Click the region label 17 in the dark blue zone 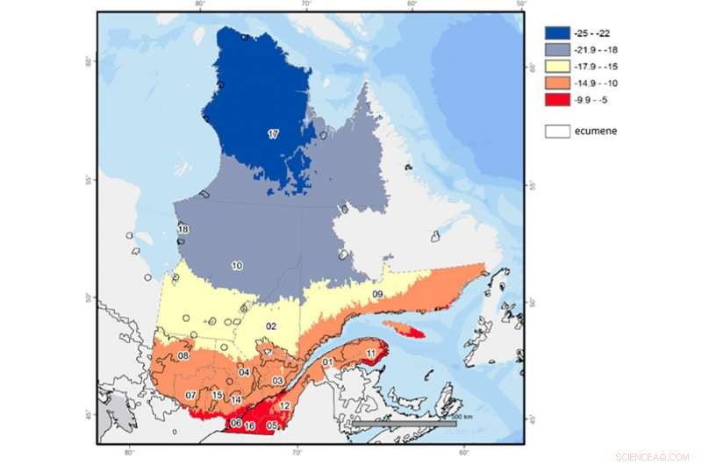pos(273,134)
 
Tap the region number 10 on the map pos(237,265)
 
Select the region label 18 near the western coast pos(183,229)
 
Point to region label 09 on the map pos(377,293)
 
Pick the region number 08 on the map pos(183,356)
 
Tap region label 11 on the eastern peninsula pos(372,353)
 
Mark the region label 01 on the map pos(326,361)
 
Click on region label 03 pos(276,381)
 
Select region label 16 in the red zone pos(250,426)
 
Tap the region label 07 pos(190,396)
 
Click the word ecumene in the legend pos(594,132)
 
